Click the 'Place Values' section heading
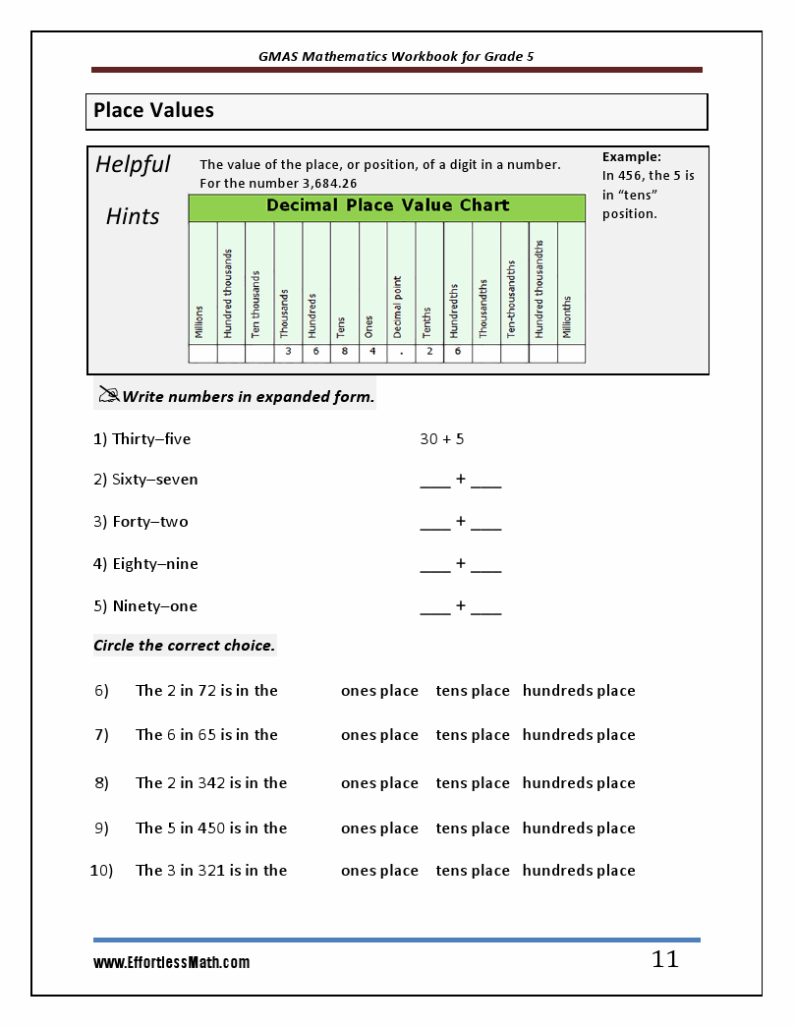(x=153, y=111)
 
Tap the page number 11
(x=665, y=960)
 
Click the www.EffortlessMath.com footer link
(x=171, y=963)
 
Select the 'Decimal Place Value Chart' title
(x=387, y=206)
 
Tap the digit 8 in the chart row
(x=344, y=352)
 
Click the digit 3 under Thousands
(x=288, y=352)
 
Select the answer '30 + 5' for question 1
(x=441, y=439)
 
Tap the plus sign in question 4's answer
(x=460, y=564)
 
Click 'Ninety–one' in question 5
(x=154, y=606)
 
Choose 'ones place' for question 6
(x=379, y=691)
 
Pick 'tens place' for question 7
(x=473, y=735)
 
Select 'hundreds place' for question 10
(x=579, y=871)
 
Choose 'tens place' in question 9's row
(x=473, y=828)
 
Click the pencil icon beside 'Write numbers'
(x=107, y=396)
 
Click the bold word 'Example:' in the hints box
(x=631, y=156)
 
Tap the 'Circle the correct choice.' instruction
(x=184, y=646)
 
